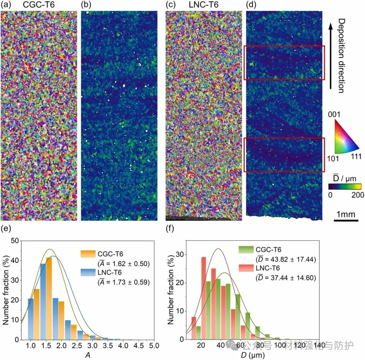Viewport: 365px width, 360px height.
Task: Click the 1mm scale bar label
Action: [346, 214]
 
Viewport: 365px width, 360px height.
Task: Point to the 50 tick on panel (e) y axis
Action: [14, 241]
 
